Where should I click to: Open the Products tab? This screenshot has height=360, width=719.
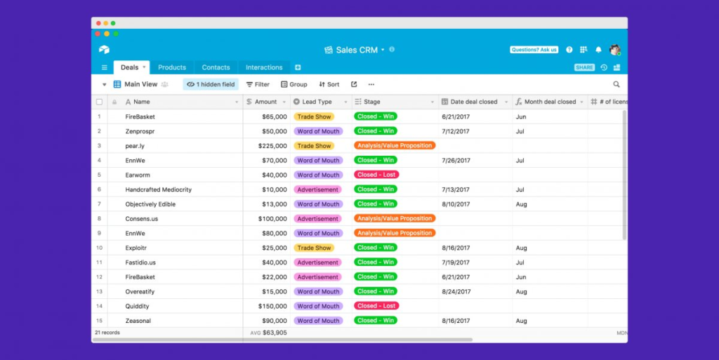tap(172, 67)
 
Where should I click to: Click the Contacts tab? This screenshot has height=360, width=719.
tap(216, 67)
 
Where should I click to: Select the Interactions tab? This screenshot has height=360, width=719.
tap(264, 67)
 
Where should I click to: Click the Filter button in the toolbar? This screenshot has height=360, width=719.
tap(258, 84)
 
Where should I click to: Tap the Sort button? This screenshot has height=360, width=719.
tap(329, 84)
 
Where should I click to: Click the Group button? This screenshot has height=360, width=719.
tap(294, 84)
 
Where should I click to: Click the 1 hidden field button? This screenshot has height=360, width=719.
tap(211, 84)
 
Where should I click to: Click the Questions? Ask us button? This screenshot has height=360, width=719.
tap(534, 49)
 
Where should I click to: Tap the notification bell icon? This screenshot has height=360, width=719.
tap(598, 49)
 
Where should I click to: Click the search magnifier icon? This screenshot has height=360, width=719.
tap(616, 84)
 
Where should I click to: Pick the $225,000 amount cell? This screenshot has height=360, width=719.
tap(272, 146)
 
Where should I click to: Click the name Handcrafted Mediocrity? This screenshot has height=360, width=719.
tap(158, 189)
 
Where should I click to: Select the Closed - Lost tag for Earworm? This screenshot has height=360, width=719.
tap(376, 175)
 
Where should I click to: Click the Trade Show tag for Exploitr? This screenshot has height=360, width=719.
tap(314, 248)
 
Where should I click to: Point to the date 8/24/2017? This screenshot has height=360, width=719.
tap(456, 292)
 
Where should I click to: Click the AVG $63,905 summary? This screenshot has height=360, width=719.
tap(269, 333)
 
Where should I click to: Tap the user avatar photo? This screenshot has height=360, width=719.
tap(615, 49)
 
